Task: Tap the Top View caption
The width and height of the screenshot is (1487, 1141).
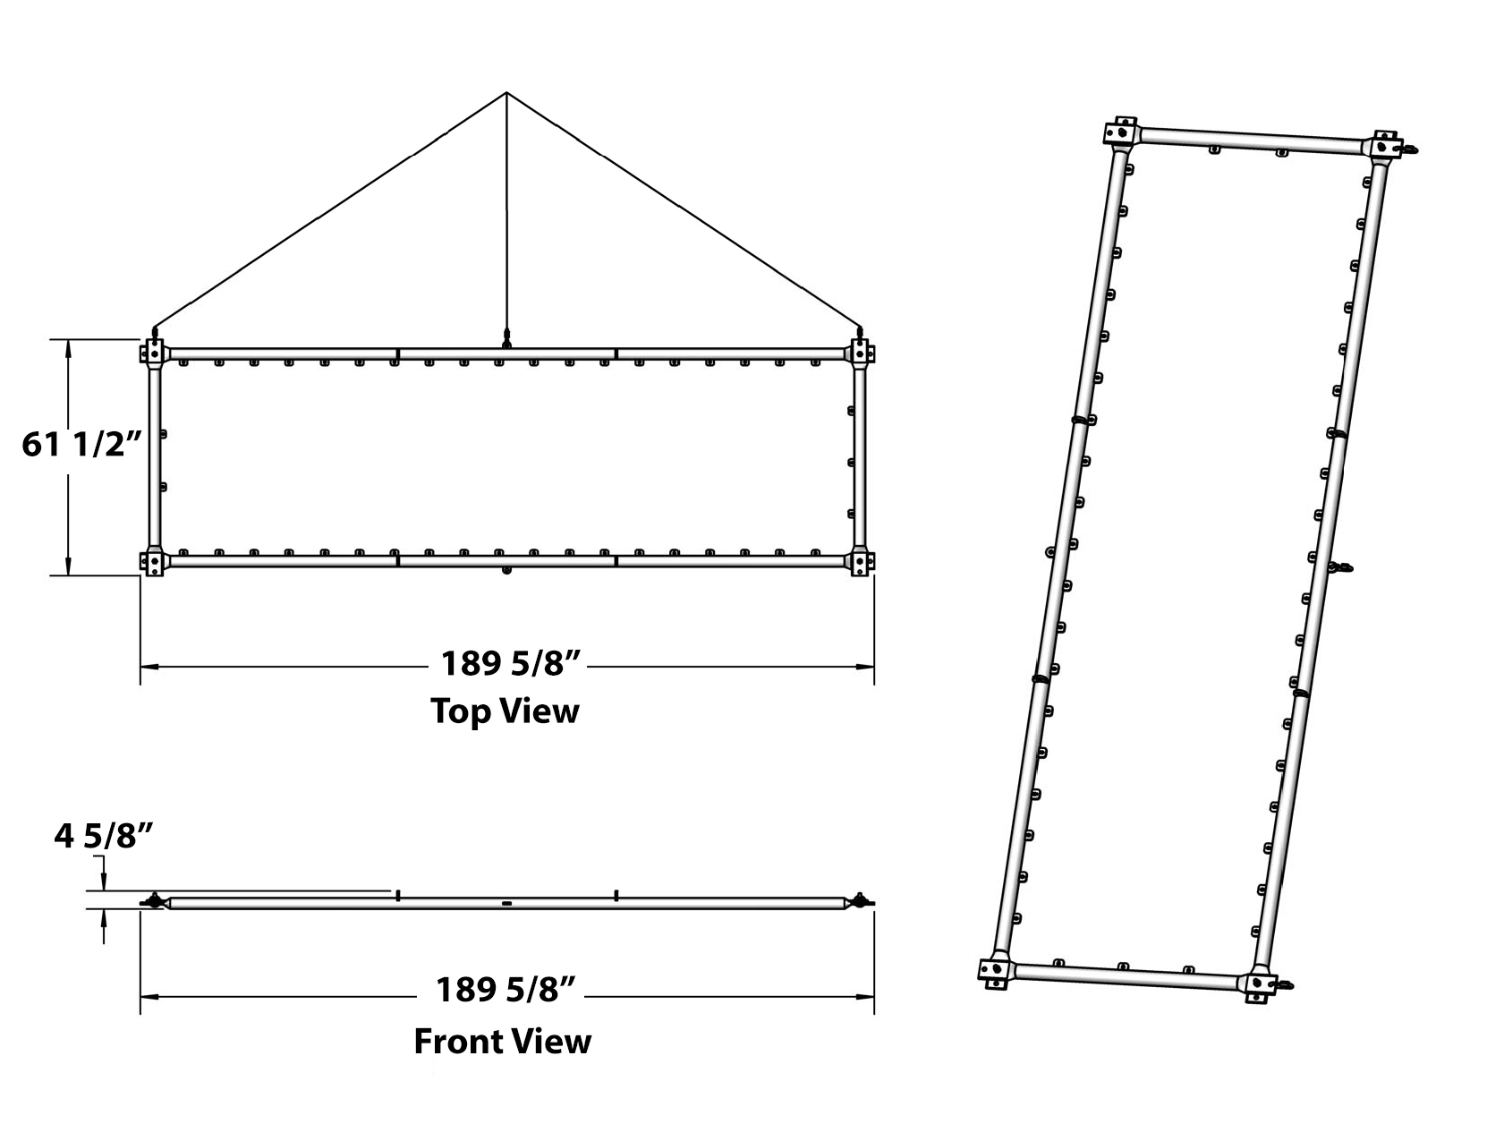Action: (505, 711)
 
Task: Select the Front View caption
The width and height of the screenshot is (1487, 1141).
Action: (502, 1042)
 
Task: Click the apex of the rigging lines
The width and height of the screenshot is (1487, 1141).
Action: (506, 92)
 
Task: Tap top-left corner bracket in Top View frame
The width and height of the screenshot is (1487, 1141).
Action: (153, 352)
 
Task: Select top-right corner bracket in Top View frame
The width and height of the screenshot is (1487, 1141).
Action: (861, 351)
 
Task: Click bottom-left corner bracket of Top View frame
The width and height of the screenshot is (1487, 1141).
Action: (153, 562)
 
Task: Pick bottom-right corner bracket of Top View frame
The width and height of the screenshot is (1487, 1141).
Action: (861, 562)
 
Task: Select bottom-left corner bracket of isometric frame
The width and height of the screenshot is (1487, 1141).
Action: (996, 970)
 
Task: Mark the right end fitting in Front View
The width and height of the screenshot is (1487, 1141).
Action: (860, 900)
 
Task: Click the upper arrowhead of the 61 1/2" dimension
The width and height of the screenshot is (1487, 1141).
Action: (68, 345)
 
